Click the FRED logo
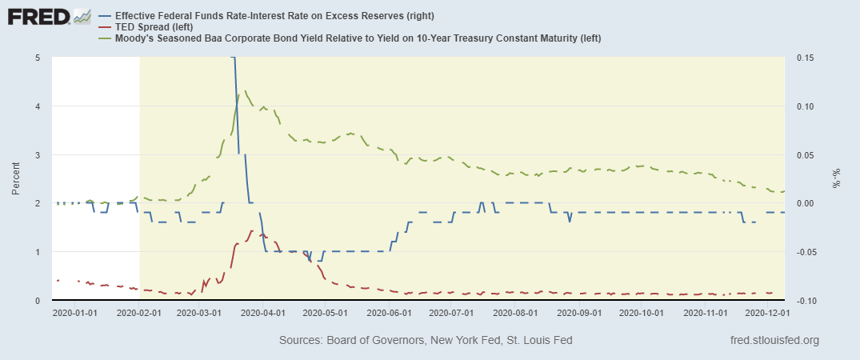(48, 18)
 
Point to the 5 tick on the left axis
(38, 58)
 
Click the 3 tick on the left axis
(38, 154)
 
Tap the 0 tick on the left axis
(38, 300)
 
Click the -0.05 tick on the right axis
(803, 252)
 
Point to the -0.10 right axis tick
(803, 300)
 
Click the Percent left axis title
(17, 179)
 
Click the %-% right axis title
(837, 179)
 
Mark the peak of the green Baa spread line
(245, 91)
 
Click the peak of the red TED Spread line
(252, 230)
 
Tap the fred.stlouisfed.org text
(774, 341)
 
